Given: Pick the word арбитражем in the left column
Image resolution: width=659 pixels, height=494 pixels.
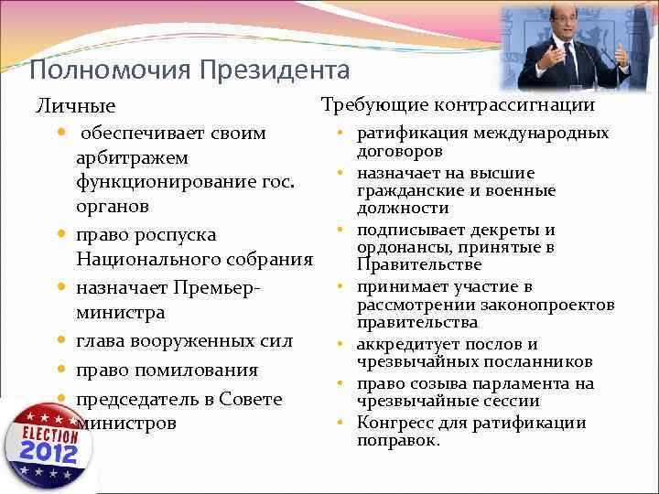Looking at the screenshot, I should pos(132,159).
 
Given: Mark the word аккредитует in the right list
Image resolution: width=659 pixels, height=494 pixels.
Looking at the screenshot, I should pos(402,345).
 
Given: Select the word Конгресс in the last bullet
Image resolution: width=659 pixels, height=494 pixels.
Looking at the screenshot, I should pos(389,423).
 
